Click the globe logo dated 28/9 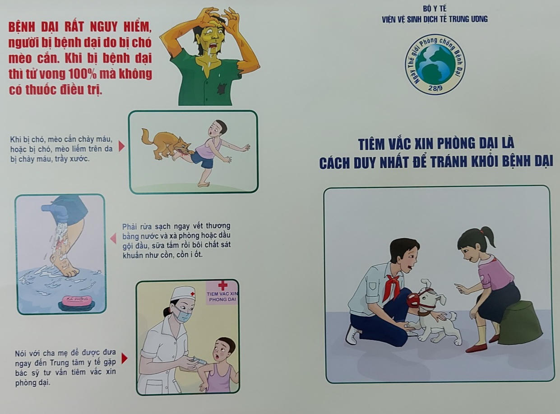pos(435,64)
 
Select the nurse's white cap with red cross pos(183,292)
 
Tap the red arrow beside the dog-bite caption pos(121,146)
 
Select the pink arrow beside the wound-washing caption pos(113,238)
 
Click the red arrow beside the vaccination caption pos(125,359)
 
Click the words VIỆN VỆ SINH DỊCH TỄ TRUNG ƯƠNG pos(435,19)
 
